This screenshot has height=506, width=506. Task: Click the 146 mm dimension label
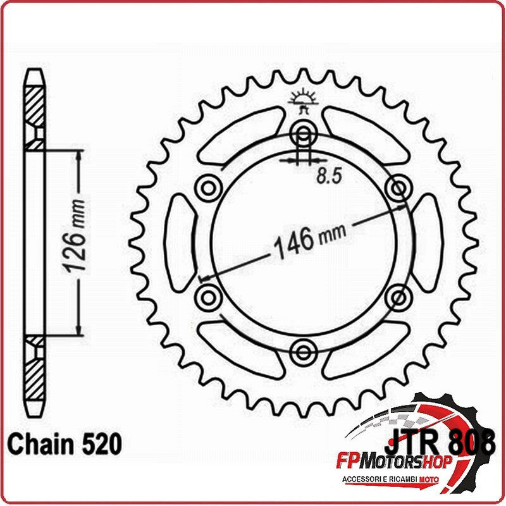coord(309,240)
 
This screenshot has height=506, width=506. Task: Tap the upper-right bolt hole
coord(399,187)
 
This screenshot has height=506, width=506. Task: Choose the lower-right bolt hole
coord(399,295)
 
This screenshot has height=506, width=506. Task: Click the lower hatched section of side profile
coord(35,373)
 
